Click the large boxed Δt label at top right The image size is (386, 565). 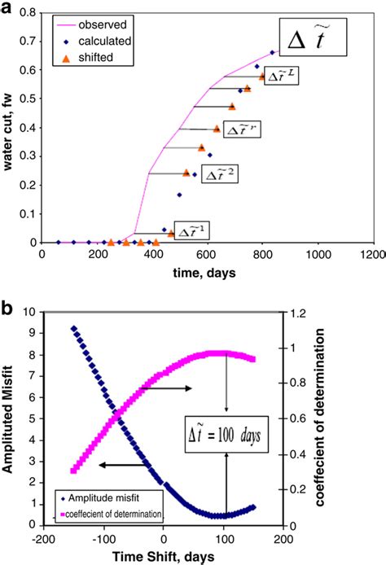click(x=314, y=37)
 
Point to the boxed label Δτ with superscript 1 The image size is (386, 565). click(x=191, y=232)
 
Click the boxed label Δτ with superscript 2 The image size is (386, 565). click(x=218, y=173)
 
